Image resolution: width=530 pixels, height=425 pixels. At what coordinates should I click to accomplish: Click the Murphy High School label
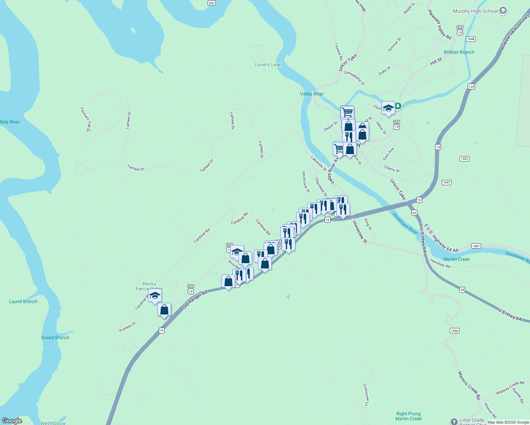point(475,11)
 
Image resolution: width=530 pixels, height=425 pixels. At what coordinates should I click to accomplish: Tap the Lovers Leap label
point(268,64)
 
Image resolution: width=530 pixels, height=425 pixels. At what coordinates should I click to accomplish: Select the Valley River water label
point(312,94)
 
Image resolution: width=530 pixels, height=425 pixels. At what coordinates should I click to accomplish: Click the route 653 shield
point(212,3)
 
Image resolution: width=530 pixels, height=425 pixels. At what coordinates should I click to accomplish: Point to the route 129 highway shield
point(471,86)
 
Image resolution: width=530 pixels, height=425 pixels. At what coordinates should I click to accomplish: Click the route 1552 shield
point(464,159)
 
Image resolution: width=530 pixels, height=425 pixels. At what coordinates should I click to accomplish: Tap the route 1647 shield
point(446,182)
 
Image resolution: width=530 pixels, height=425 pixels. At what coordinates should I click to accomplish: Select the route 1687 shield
point(476,246)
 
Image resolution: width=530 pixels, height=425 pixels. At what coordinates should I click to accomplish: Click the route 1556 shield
point(454,330)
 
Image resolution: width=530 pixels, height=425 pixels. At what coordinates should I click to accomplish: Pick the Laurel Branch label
point(23,301)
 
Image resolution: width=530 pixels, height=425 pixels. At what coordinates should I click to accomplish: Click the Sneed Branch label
point(55,338)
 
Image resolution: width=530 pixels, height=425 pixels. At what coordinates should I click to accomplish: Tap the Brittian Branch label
point(459,52)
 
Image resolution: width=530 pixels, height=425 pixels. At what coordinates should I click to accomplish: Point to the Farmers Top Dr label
point(86,120)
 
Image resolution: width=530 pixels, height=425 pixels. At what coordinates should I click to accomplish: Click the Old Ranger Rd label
point(194,300)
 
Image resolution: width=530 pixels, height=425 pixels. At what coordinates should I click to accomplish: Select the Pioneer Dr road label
point(128,327)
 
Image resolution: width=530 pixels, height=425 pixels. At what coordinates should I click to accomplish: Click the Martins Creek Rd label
point(469,385)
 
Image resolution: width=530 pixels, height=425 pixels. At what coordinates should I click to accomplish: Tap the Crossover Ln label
point(366,395)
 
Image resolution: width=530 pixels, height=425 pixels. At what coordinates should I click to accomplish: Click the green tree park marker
point(398,106)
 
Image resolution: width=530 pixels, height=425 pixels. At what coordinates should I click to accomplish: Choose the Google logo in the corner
point(12,421)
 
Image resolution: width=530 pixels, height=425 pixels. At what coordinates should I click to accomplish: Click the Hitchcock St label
point(305,182)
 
